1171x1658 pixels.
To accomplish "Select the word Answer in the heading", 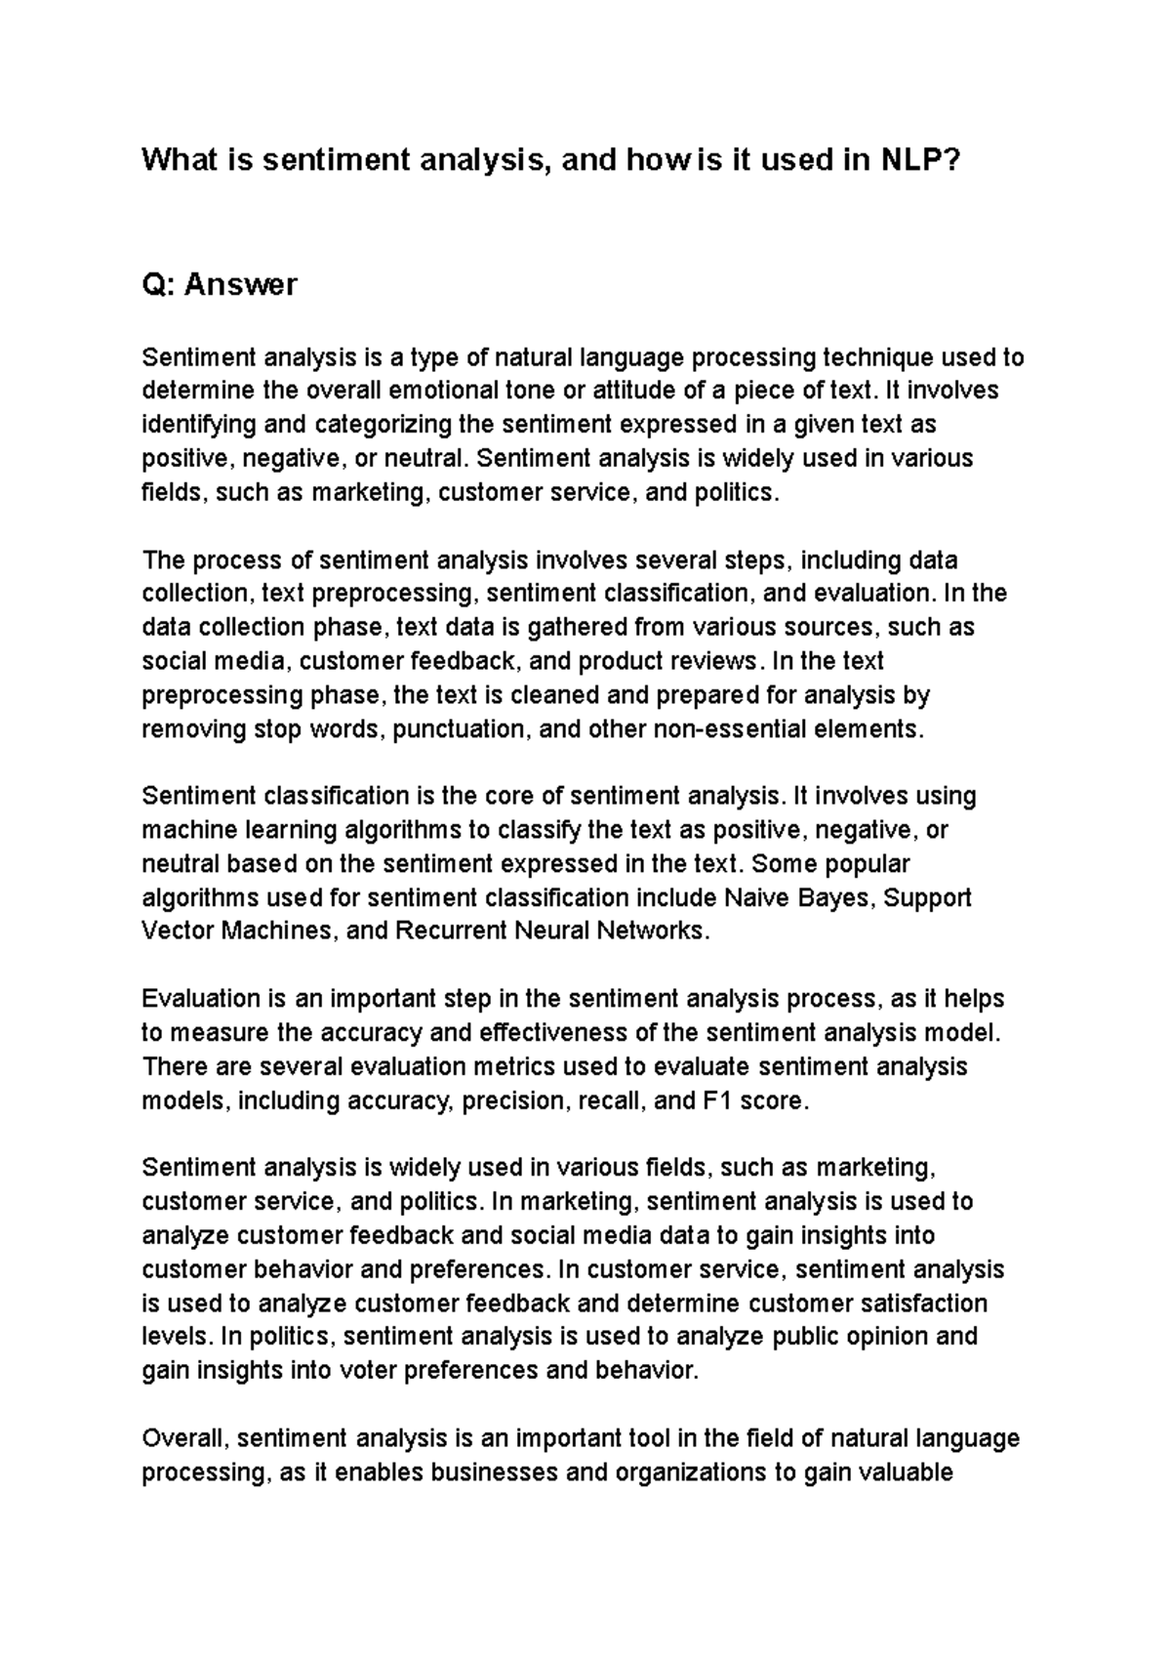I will (x=241, y=285).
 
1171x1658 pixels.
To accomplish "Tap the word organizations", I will (x=687, y=1472).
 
